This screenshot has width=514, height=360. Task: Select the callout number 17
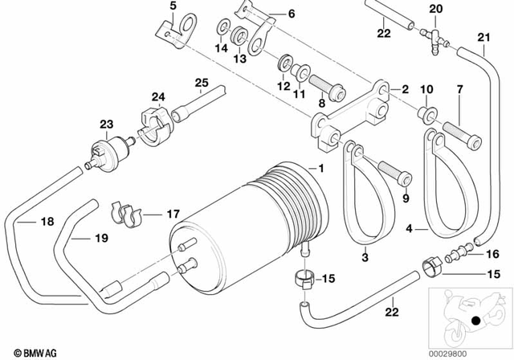173,214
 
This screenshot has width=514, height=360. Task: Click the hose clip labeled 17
124,212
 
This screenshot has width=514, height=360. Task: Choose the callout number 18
25,223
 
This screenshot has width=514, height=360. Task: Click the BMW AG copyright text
27,350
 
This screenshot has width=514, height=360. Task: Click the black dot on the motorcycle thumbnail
477,321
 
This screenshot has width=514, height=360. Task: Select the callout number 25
201,82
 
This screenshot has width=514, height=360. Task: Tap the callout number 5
171,7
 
